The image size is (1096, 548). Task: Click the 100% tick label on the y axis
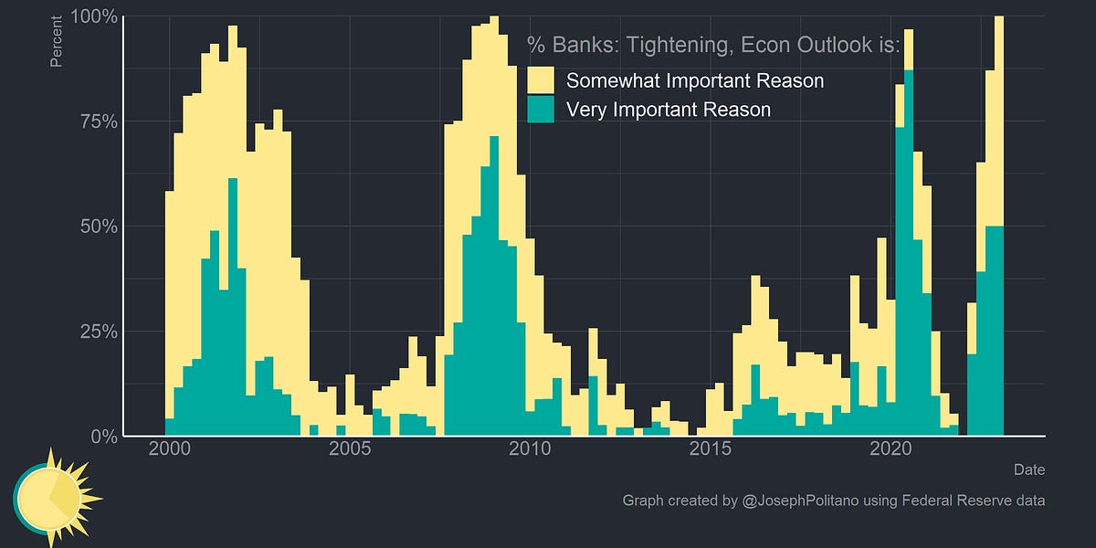click(91, 16)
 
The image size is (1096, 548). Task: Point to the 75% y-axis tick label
click(95, 121)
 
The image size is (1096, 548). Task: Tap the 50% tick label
click(95, 227)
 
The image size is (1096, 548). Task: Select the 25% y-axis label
click(95, 332)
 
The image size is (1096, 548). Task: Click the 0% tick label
click(100, 437)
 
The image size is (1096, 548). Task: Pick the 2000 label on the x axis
click(170, 449)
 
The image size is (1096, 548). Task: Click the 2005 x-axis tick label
click(351, 449)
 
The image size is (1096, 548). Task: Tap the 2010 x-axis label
click(530, 449)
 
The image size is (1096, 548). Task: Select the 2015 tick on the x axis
click(710, 449)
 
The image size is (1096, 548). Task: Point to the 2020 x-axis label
click(890, 449)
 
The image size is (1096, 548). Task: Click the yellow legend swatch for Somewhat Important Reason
click(542, 80)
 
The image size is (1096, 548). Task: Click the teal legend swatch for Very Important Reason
click(542, 110)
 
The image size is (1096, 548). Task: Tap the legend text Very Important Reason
click(669, 110)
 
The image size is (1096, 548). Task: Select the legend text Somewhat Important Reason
click(695, 80)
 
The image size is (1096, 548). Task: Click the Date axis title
click(1029, 469)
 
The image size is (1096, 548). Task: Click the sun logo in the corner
click(50, 498)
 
